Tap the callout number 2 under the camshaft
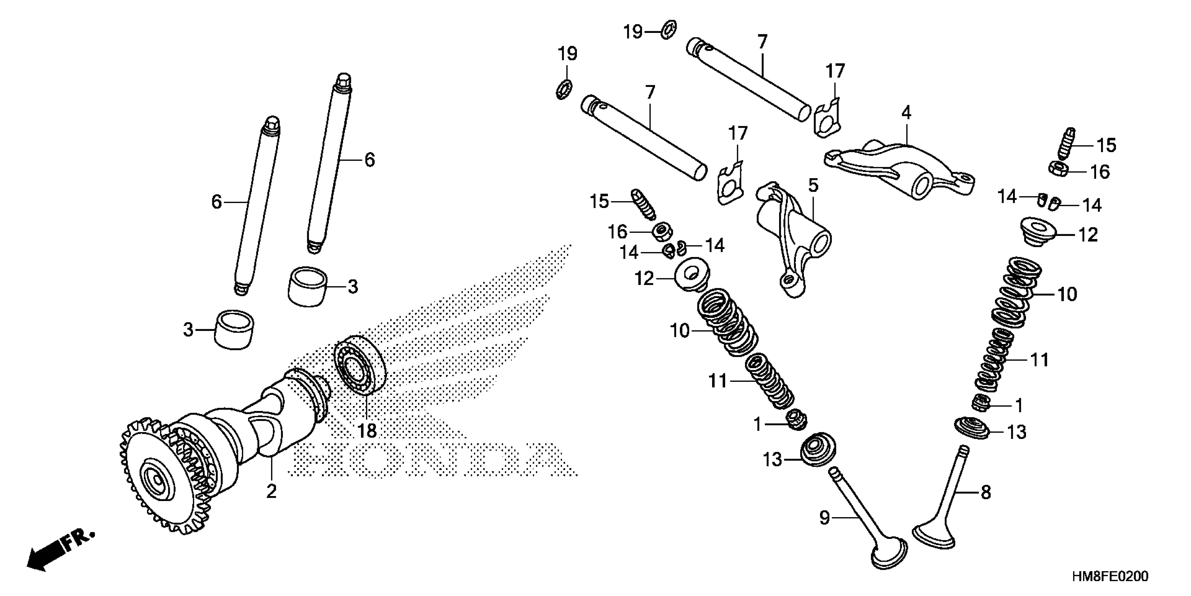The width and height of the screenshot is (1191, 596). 271,491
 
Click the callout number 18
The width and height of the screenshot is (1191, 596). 367,431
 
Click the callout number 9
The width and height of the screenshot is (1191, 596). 825,517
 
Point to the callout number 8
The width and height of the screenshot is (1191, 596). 986,492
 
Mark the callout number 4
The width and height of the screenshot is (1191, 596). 906,113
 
